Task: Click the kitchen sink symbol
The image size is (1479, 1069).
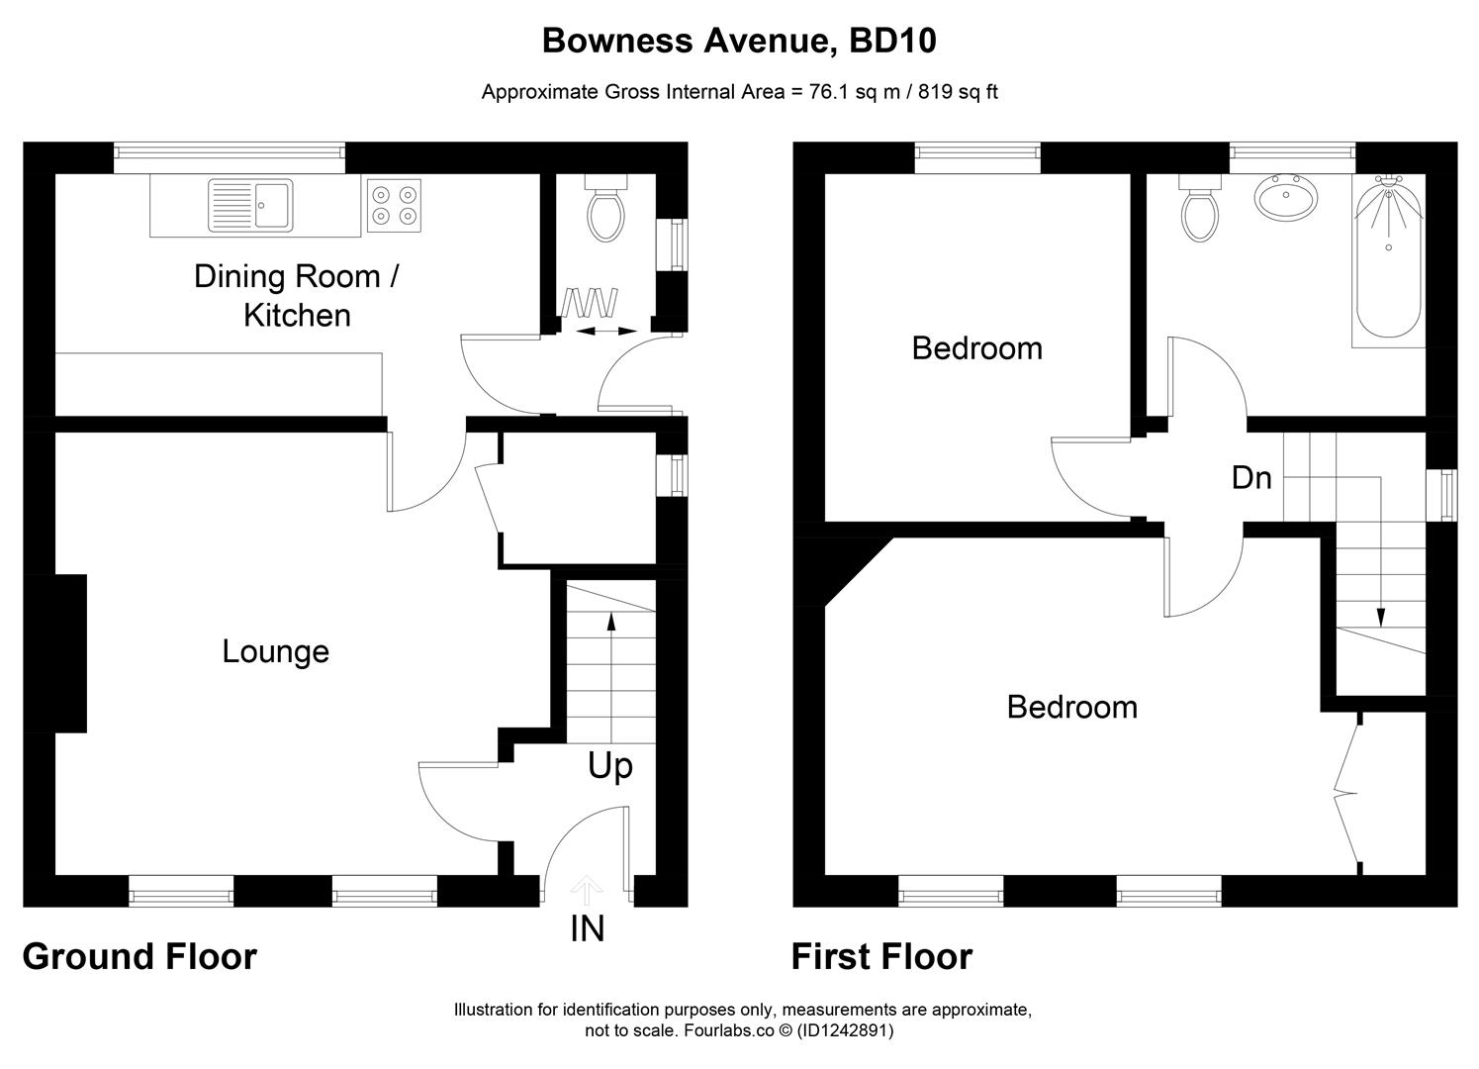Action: (250, 205)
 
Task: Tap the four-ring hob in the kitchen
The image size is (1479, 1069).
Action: (394, 206)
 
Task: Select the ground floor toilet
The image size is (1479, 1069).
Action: (604, 210)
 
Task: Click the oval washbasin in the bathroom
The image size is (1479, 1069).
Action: (1286, 197)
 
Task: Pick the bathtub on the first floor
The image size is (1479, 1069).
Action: (1389, 259)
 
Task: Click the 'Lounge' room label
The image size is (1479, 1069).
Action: (275, 651)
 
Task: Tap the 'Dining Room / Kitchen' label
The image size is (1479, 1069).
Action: (297, 295)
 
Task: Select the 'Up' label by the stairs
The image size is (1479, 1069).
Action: (610, 765)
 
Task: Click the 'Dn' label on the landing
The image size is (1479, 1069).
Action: (1250, 478)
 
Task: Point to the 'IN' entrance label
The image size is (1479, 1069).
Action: (588, 928)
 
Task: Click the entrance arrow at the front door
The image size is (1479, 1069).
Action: (588, 890)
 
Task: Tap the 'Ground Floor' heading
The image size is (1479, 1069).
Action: (139, 956)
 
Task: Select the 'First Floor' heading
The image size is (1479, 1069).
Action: (881, 956)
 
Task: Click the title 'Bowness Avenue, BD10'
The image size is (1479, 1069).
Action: (739, 41)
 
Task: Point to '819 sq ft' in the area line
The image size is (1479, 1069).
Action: (958, 92)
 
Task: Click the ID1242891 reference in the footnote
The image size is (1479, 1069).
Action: (846, 1030)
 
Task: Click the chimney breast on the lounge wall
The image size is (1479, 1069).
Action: (69, 653)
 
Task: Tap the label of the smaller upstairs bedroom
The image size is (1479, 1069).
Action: (976, 348)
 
